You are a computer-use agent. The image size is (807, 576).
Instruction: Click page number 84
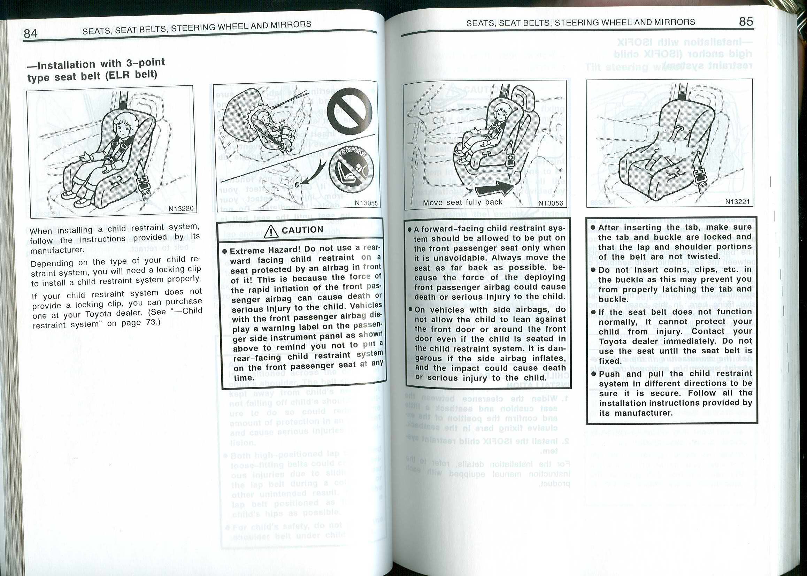[x=31, y=33]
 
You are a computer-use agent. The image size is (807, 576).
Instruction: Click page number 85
[x=746, y=22]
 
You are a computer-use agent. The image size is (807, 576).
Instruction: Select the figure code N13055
[x=366, y=203]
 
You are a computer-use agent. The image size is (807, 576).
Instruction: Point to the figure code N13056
[x=550, y=203]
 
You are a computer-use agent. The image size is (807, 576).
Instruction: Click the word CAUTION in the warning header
[x=302, y=230]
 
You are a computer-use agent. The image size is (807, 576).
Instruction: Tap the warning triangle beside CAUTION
[x=271, y=231]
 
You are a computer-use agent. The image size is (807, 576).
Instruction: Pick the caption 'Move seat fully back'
[x=463, y=202]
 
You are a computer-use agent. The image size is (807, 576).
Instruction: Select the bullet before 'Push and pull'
[x=593, y=374]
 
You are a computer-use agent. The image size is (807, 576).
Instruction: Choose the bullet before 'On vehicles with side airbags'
[x=409, y=310]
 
